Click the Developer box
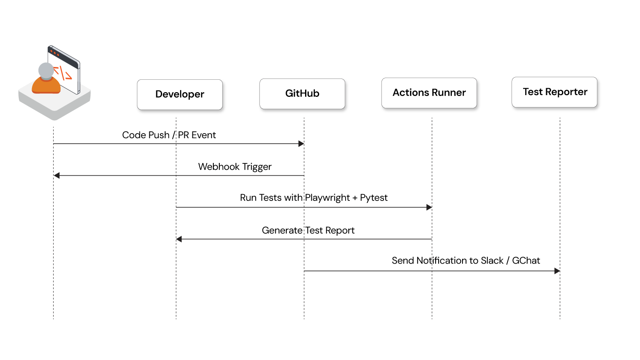click(180, 95)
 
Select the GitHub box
click(302, 94)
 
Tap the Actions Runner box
click(429, 93)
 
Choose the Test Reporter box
click(554, 92)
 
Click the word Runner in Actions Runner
click(448, 93)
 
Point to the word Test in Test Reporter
click(532, 92)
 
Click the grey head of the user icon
click(46, 70)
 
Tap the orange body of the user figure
click(46, 85)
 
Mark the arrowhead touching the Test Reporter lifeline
click(557, 271)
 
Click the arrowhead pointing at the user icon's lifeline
click(57, 175)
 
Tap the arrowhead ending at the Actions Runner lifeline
click(429, 207)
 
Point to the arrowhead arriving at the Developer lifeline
click(179, 239)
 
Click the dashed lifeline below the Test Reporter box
click(560, 299)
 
